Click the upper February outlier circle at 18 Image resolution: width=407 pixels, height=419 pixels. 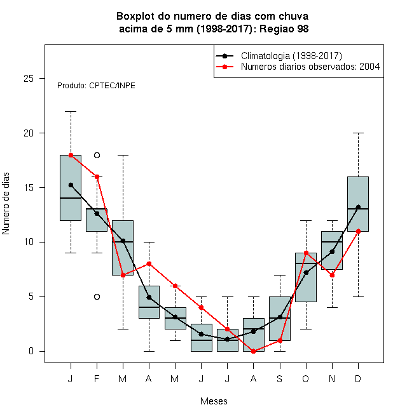(x=97, y=156)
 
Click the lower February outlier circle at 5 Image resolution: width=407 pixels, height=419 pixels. (x=97, y=297)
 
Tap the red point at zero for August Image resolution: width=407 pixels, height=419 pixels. (x=253, y=352)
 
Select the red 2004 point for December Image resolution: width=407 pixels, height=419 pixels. (x=358, y=232)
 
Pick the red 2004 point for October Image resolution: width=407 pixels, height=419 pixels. (x=306, y=253)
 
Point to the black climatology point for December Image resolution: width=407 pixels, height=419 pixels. (x=358, y=207)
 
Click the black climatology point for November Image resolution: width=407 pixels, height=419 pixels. (x=332, y=251)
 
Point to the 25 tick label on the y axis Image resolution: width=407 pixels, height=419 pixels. (x=29, y=79)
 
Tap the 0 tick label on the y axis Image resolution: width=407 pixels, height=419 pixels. (x=31, y=351)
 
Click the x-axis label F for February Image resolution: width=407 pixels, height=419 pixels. (x=97, y=378)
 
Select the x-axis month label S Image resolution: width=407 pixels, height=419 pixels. (x=280, y=378)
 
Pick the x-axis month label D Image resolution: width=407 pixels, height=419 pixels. (x=358, y=378)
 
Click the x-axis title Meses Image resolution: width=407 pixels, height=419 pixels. (x=214, y=401)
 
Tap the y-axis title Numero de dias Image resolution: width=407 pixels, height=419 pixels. (x=6, y=204)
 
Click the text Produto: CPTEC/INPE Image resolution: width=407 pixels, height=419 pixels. (x=96, y=86)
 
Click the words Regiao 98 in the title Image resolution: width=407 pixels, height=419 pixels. (x=284, y=29)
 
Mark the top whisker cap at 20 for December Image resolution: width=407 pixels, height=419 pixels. (x=358, y=133)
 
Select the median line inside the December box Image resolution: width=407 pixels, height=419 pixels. (x=358, y=209)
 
